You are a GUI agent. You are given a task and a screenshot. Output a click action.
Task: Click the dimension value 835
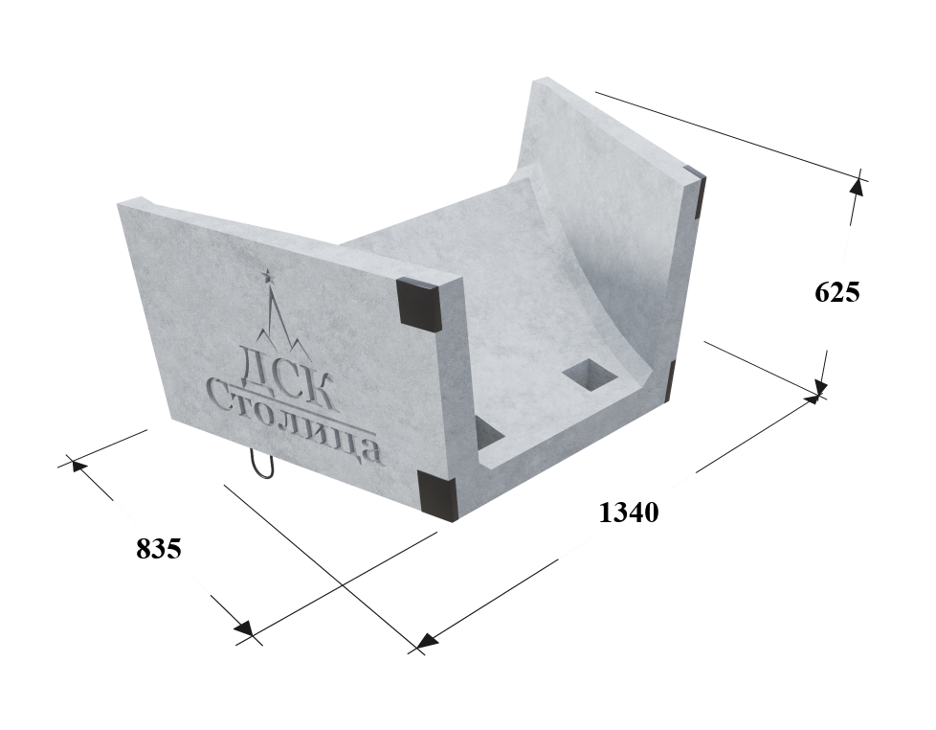pyautogui.click(x=158, y=548)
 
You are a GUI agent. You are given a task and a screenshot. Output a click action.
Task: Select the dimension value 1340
pyautogui.click(x=628, y=512)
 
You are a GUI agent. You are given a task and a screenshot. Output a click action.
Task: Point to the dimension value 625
pyautogui.click(x=836, y=292)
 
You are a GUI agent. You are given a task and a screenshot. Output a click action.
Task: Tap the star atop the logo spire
pyautogui.click(x=267, y=275)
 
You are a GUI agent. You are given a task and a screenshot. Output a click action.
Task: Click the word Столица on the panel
pyautogui.click(x=293, y=423)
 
